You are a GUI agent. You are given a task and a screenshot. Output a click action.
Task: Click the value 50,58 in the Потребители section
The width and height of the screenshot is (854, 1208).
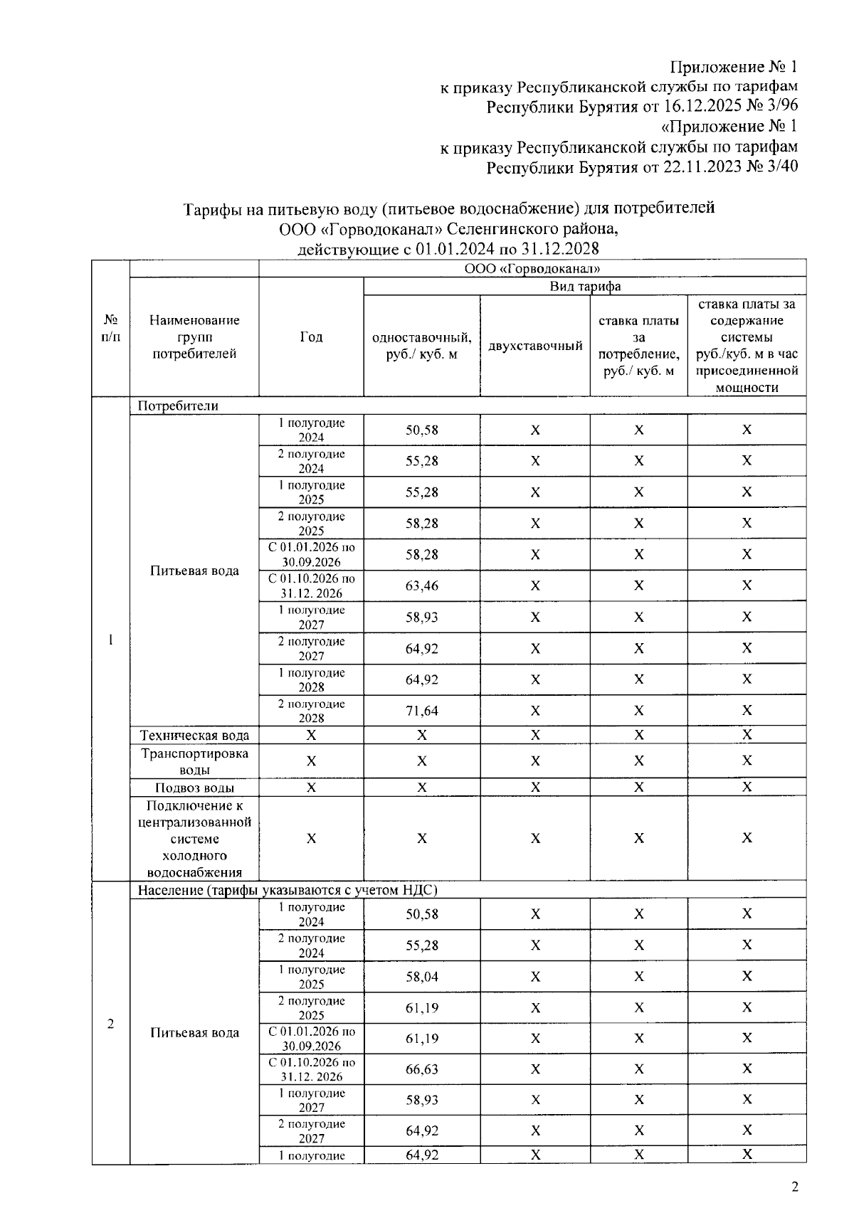pyautogui.click(x=421, y=430)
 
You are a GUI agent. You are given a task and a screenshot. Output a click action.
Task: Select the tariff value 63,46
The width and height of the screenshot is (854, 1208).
pyautogui.click(x=421, y=586)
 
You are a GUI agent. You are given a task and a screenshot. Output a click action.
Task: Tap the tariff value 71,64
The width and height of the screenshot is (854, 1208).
pyautogui.click(x=421, y=711)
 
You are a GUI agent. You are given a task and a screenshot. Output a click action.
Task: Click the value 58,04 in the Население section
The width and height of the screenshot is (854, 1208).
pyautogui.click(x=421, y=977)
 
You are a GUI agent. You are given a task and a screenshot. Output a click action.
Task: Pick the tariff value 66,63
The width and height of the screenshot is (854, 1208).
pyautogui.click(x=421, y=1069)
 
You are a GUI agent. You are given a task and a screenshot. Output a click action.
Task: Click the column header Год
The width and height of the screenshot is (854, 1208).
pyautogui.click(x=311, y=337)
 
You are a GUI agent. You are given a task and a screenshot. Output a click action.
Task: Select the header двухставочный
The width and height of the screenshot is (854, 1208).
pyautogui.click(x=535, y=346)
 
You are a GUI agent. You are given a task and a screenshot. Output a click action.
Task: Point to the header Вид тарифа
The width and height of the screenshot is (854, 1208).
pyautogui.click(x=585, y=286)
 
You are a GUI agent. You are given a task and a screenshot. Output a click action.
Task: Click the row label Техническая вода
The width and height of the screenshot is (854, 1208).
pyautogui.click(x=194, y=735)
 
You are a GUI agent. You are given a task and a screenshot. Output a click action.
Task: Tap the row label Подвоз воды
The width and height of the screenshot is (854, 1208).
pyautogui.click(x=194, y=788)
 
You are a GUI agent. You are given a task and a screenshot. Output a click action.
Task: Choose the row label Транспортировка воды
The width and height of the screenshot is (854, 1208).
pyautogui.click(x=194, y=761)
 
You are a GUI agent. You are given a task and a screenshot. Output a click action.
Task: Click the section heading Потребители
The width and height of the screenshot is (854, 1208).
pyautogui.click(x=178, y=406)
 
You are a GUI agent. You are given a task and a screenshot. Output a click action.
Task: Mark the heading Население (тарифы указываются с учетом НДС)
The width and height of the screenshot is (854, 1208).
pyautogui.click(x=287, y=890)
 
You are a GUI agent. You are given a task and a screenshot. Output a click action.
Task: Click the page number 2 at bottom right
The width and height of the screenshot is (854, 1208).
pyautogui.click(x=795, y=1186)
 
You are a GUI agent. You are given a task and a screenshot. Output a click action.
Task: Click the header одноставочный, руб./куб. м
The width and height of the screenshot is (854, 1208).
pyautogui.click(x=421, y=346)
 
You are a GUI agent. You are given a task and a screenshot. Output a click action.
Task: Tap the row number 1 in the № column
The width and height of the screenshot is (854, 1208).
pyautogui.click(x=110, y=639)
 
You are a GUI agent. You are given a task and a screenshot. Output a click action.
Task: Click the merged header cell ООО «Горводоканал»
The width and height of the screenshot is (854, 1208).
pyautogui.click(x=532, y=268)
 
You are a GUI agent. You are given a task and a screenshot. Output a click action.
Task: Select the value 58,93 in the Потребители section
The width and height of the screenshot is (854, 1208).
pyautogui.click(x=421, y=617)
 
